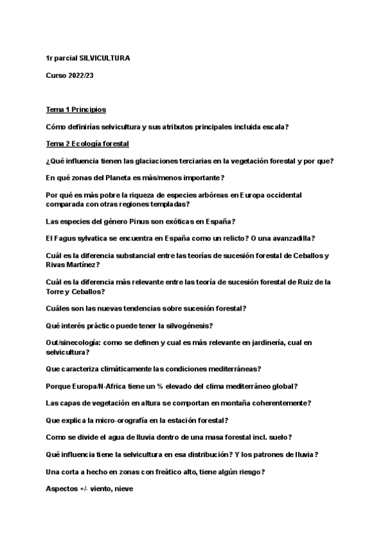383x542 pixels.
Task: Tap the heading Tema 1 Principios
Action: (x=76, y=110)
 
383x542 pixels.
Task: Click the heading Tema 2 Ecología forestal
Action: (x=87, y=143)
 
